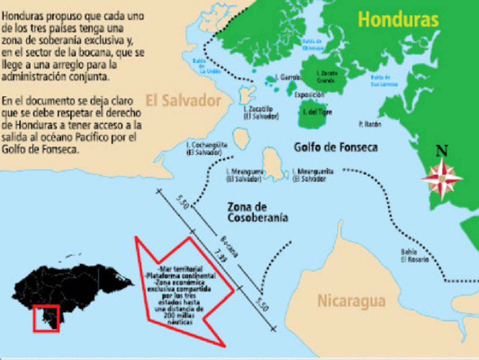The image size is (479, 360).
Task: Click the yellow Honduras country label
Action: tap(398, 19)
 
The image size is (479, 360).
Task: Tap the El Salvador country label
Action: tap(183, 100)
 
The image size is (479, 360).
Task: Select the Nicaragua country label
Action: tap(351, 301)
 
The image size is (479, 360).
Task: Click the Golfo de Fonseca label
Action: tap(335, 147)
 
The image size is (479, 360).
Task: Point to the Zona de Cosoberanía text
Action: tap(258, 212)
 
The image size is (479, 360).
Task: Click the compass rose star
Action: tap(442, 178)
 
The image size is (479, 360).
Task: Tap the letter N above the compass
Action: tap(442, 151)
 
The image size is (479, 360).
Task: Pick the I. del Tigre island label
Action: tap(318, 112)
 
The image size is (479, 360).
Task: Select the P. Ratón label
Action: tap(370, 124)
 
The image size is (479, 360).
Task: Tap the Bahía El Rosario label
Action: tap(415, 256)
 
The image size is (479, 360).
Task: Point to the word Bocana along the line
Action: tap(229, 246)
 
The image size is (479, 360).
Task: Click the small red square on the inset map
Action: tap(46, 318)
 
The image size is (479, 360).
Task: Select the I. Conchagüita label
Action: tap(204, 148)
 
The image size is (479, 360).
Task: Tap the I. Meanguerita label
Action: tap(313, 175)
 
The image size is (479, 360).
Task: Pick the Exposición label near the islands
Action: tap(309, 95)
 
